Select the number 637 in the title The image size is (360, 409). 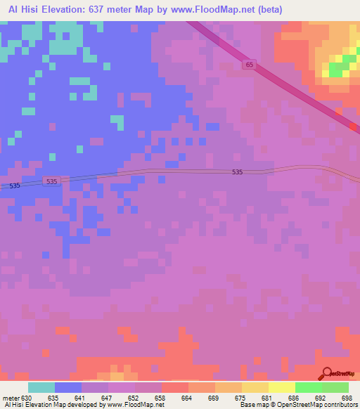coord(99,10)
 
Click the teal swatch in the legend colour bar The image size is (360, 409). coord(41,387)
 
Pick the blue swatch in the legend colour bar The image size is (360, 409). coord(68,387)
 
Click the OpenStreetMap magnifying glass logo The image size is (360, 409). coord(326,372)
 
